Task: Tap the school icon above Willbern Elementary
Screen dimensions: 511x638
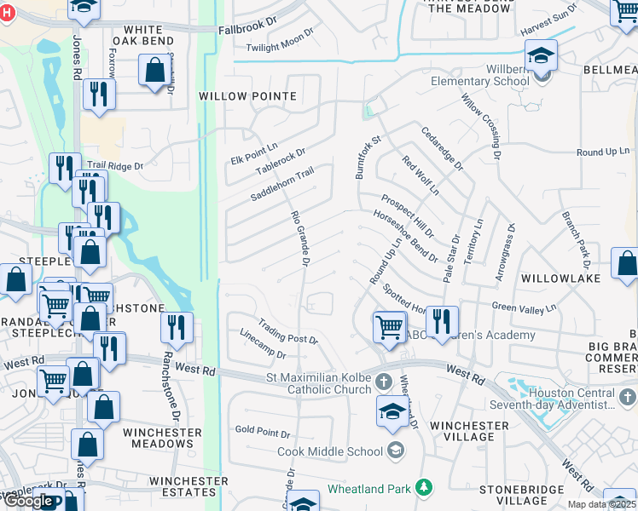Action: click(540, 56)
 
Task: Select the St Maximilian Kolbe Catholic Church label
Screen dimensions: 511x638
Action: click(320, 382)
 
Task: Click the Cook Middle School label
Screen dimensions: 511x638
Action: click(331, 451)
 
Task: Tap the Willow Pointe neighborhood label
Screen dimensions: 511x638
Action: click(247, 96)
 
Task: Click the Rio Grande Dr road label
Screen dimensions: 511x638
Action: click(299, 238)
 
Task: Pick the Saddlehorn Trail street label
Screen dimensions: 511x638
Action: click(281, 184)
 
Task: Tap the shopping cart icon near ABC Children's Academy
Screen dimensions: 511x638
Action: click(390, 326)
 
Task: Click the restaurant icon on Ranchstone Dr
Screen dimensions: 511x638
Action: click(177, 327)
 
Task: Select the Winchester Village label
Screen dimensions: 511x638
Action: click(469, 432)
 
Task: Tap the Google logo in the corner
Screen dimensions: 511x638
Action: click(28, 501)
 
